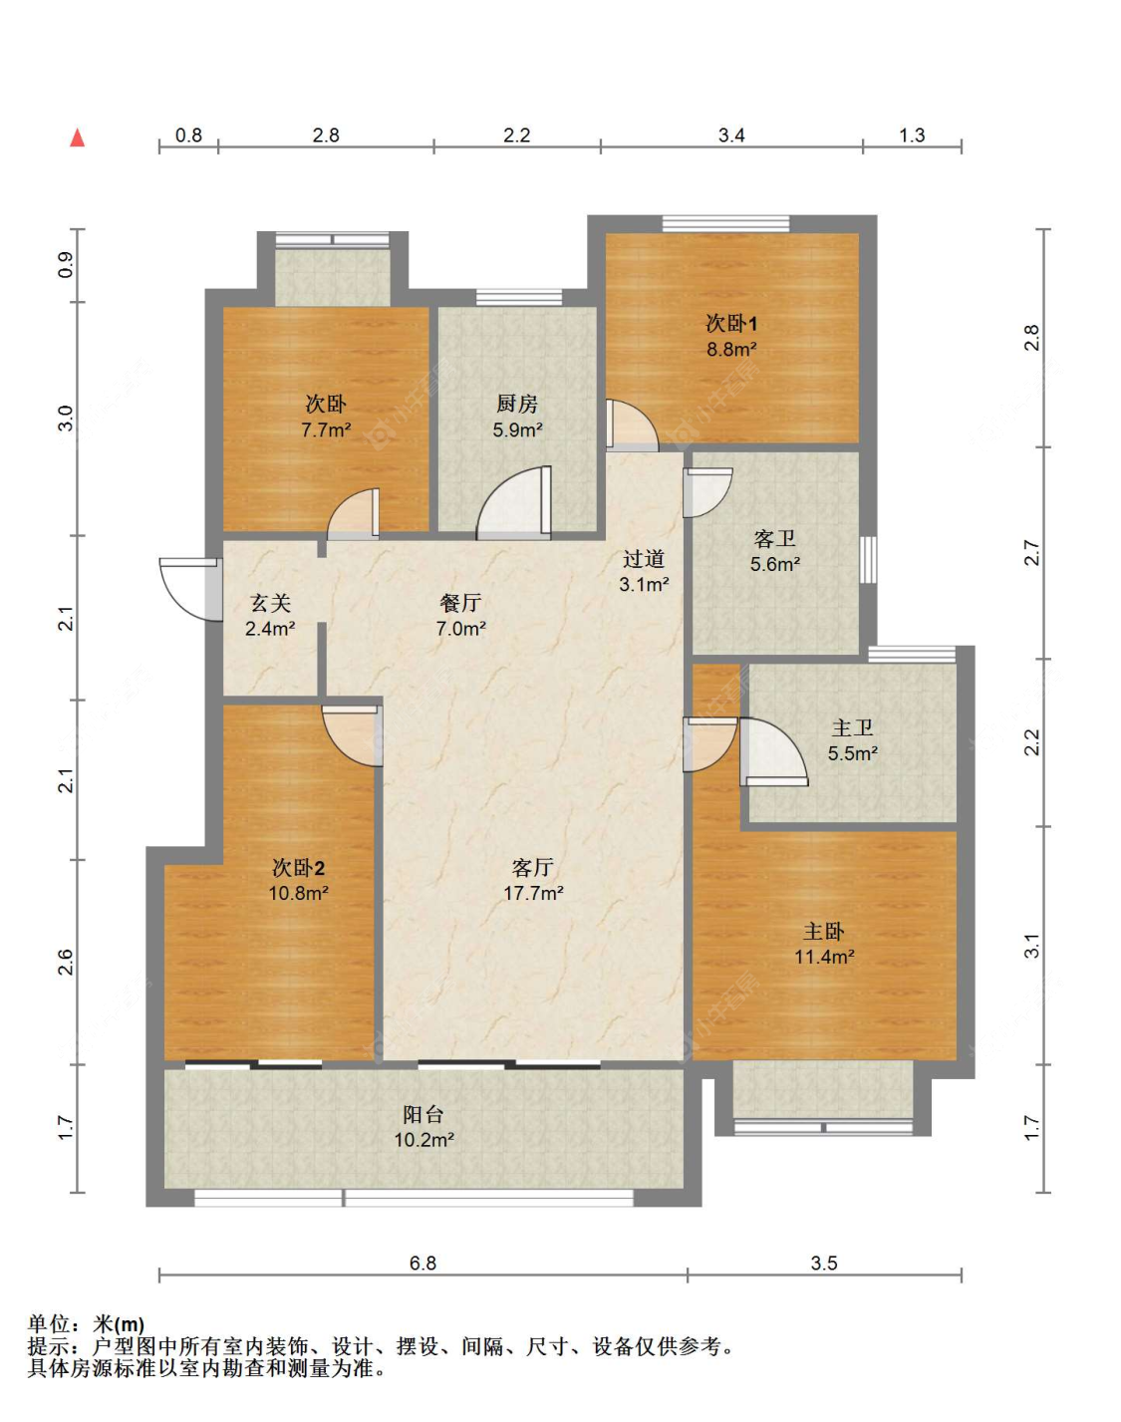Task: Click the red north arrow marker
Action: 78,138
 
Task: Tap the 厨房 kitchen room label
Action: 517,403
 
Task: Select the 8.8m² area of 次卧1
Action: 731,349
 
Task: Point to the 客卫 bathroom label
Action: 774,538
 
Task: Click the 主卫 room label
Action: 853,727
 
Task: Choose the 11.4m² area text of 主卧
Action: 824,957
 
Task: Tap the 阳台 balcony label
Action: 423,1115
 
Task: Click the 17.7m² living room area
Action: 533,894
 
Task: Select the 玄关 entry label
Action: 270,603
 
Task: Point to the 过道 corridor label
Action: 643,559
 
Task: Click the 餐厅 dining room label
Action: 460,603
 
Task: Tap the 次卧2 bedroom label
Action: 299,868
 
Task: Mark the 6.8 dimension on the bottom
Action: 423,1263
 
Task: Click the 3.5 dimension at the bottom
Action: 824,1263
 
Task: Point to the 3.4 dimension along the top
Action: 731,136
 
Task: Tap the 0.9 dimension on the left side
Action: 65,266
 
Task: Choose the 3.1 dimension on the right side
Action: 1031,946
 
